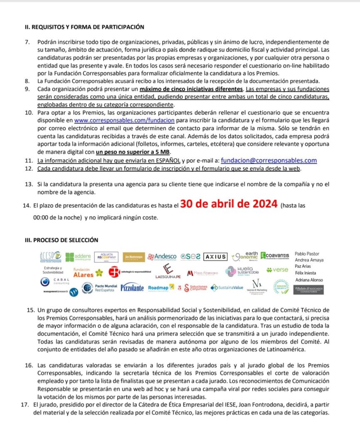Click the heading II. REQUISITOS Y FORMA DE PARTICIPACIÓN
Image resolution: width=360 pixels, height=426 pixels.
tap(84, 27)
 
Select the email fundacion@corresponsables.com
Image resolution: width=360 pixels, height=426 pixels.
tap(269, 161)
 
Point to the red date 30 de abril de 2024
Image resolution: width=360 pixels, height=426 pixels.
tap(228, 204)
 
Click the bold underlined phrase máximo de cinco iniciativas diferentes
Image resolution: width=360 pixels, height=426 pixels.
tap(191, 89)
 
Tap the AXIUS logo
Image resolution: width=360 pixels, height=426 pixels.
tap(216, 257)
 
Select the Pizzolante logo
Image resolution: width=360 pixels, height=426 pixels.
tap(132, 287)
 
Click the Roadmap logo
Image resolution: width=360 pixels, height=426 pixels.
tap(158, 287)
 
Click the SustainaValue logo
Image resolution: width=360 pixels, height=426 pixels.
tap(227, 287)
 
